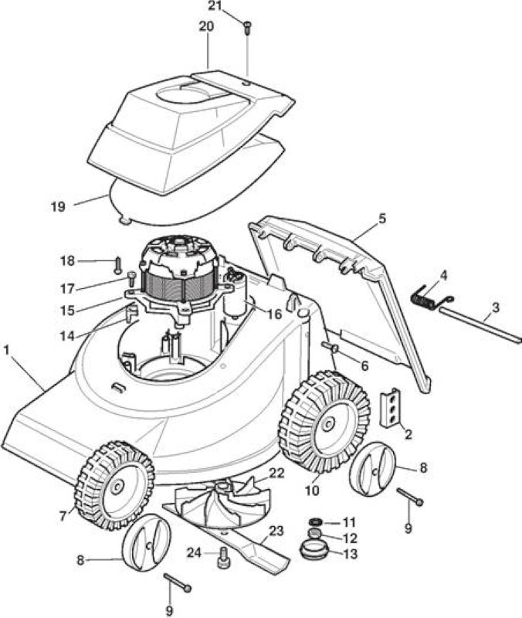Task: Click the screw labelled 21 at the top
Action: [x=248, y=28]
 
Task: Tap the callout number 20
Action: [x=206, y=27]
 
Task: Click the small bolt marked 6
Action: [x=331, y=347]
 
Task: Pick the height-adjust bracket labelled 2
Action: [x=391, y=408]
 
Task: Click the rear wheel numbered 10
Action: [x=324, y=422]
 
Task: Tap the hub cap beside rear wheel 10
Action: [x=373, y=469]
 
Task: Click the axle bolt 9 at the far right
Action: [x=410, y=496]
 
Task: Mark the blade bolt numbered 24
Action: [x=223, y=557]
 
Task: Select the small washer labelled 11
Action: [x=316, y=522]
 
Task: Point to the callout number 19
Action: [x=58, y=206]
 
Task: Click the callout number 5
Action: [x=382, y=219]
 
